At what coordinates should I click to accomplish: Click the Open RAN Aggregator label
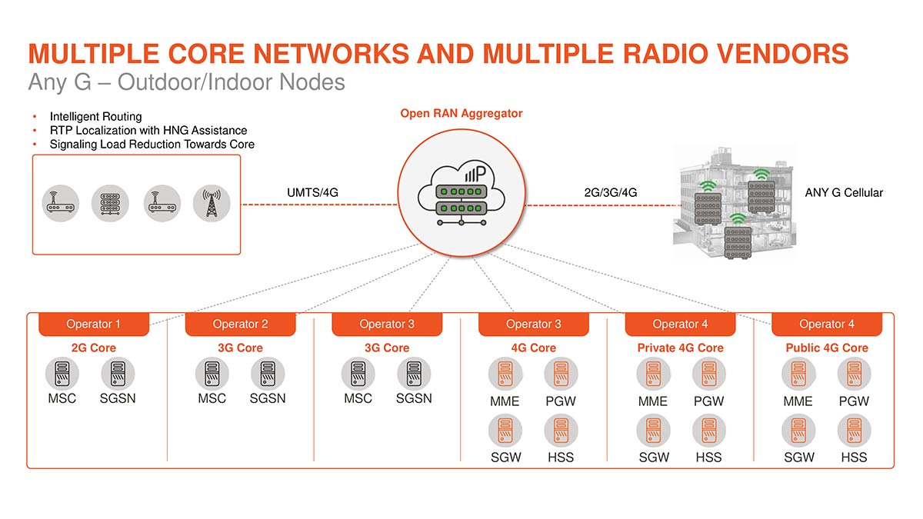coord(461,113)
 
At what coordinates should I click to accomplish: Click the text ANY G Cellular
coord(843,192)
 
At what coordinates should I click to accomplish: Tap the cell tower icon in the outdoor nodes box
coord(212,202)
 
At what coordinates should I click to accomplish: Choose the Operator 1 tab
coord(93,324)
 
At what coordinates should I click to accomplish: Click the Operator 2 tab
coord(240,324)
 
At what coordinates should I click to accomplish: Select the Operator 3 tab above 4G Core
coord(533,324)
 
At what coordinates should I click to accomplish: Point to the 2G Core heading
coord(93,348)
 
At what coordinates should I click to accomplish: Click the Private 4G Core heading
coord(680,348)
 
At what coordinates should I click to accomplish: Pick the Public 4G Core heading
coord(827,348)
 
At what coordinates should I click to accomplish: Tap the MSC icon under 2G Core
coord(62,374)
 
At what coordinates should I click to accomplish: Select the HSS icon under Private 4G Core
coord(708,431)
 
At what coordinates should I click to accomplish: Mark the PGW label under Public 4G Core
coord(854,401)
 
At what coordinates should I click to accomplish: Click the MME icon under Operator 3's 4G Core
coord(505,374)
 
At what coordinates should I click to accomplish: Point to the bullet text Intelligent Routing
coord(95,117)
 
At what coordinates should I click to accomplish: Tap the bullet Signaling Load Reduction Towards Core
coord(152,144)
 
